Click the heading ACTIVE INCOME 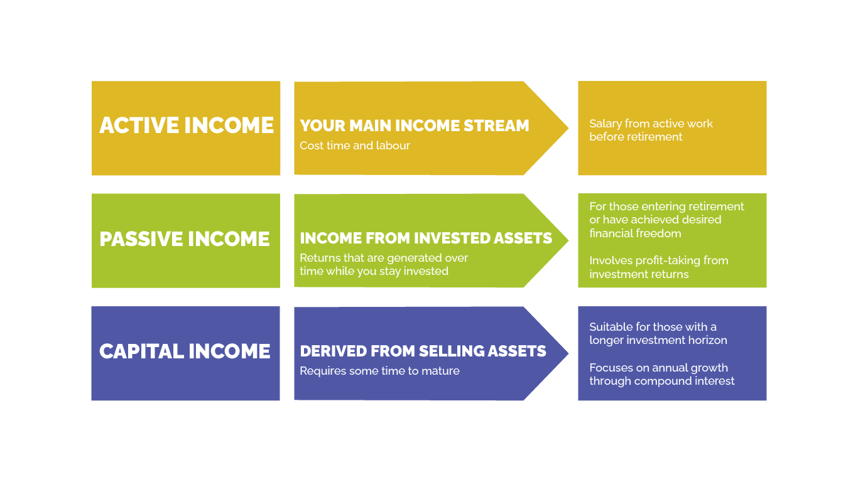coord(187,125)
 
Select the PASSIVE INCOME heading coord(185,239)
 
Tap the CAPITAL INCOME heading coord(185,351)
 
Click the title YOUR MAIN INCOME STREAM coord(415,126)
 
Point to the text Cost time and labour coord(355,146)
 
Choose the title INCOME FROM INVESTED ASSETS coord(426,238)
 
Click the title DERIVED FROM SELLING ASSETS coord(423,351)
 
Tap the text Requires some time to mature coord(379,371)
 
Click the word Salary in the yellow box coord(605,124)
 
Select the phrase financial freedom coord(635,233)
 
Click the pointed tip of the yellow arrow coord(568,128)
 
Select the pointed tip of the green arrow coord(568,241)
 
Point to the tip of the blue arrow coord(568,353)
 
